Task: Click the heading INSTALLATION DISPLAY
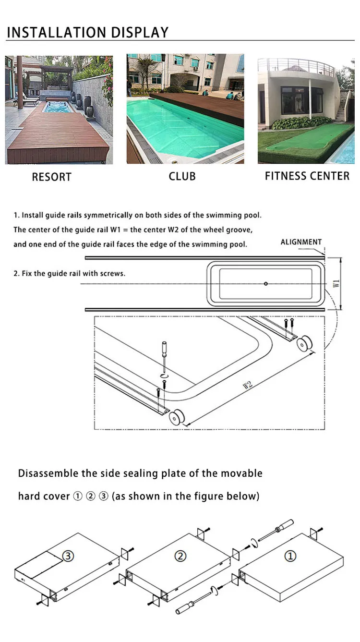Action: (87, 32)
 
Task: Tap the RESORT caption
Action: (51, 177)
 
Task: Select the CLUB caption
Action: (182, 176)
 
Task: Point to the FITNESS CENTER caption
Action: (307, 176)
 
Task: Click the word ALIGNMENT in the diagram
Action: (301, 242)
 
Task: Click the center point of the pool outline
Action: (266, 283)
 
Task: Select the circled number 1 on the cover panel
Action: (290, 556)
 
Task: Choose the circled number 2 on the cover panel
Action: (180, 556)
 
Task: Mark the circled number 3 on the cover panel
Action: (69, 556)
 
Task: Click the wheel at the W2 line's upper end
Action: (304, 344)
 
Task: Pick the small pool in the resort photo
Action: (58, 107)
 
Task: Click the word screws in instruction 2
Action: (114, 274)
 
